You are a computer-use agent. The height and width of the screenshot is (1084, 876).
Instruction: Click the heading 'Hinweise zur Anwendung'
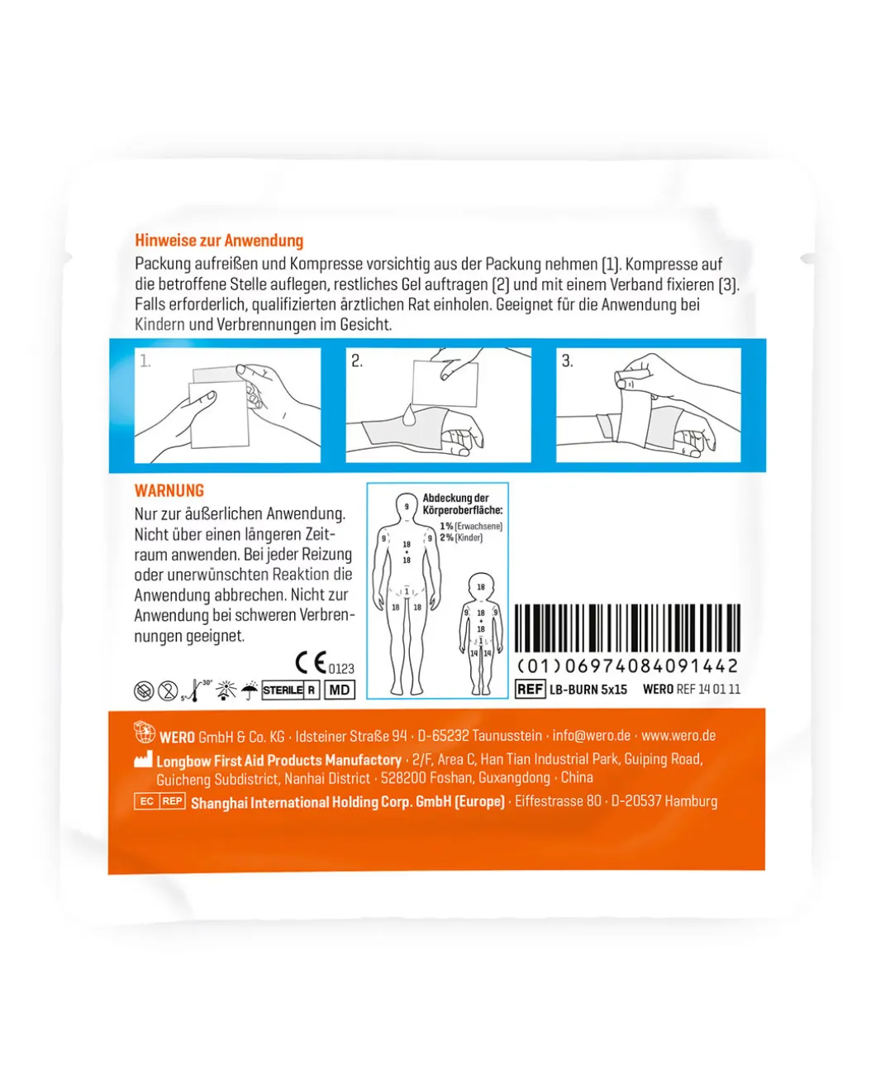[x=219, y=241]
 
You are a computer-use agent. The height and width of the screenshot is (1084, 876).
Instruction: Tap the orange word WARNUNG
[x=169, y=490]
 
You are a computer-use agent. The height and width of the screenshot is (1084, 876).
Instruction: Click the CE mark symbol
[x=311, y=662]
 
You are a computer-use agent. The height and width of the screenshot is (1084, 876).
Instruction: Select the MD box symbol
[x=340, y=690]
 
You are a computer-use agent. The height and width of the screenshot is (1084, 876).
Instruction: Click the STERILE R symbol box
[x=290, y=690]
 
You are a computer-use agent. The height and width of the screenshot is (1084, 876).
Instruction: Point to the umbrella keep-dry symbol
[x=250, y=690]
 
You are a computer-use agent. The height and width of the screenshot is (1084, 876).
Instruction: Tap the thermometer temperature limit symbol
[x=196, y=690]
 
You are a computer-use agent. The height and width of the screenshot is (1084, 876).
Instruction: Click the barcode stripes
[x=628, y=628]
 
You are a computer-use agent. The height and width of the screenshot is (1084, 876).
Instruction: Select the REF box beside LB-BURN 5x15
[x=530, y=689]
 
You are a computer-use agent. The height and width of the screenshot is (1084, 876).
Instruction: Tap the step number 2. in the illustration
[x=357, y=361]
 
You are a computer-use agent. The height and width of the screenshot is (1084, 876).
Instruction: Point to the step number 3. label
[x=567, y=361]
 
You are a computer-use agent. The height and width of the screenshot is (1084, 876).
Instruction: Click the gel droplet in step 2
[x=408, y=413]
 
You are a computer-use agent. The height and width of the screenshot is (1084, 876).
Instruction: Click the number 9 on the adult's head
[x=407, y=506]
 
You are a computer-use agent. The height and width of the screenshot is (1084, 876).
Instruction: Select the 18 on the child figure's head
[x=481, y=587]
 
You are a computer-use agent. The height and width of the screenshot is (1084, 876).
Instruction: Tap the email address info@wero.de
[x=592, y=735]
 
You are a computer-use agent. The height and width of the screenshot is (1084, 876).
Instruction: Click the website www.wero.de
[x=678, y=735]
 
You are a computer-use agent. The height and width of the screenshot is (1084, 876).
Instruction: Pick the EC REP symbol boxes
[x=159, y=801]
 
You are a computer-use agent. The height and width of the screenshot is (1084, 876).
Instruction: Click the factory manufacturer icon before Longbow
[x=143, y=759]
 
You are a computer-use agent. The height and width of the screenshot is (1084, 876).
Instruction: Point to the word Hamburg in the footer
[x=691, y=801]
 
